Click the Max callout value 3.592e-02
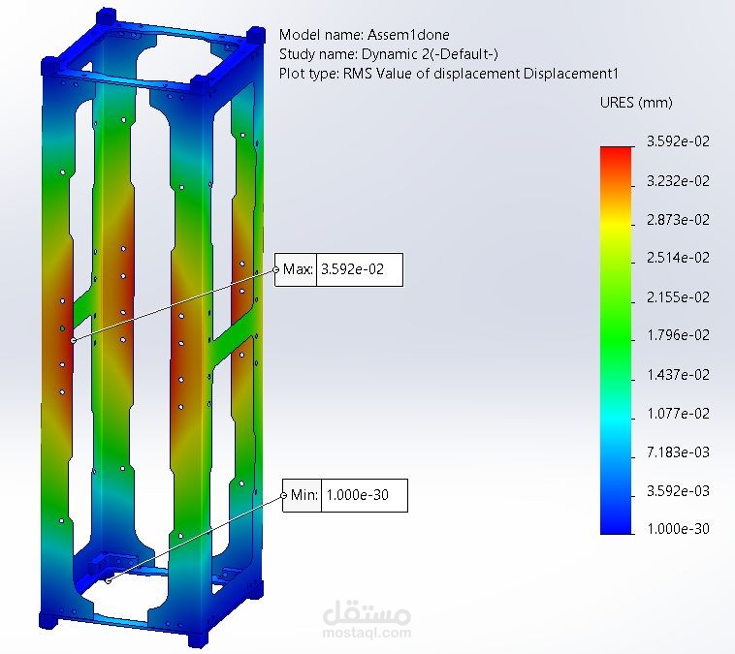352,269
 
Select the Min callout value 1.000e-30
357,495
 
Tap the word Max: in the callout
298,269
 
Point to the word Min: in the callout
304,495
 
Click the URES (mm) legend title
636,103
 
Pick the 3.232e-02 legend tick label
678,181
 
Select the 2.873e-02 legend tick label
678,220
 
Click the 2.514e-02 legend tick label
678,258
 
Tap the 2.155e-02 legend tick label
678,297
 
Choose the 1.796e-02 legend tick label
678,335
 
